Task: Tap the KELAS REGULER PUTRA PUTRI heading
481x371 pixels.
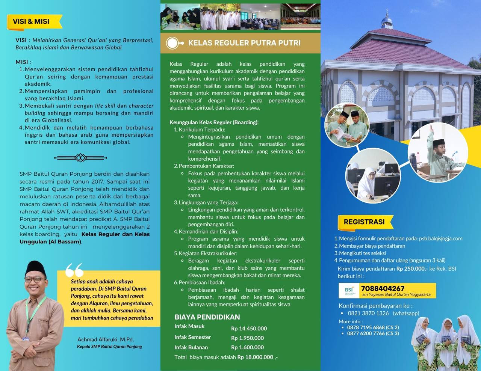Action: (x=244, y=43)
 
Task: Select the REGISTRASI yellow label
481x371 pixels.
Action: (x=364, y=222)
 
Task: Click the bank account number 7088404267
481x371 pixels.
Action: (x=383, y=288)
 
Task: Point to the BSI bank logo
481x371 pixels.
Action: (x=349, y=291)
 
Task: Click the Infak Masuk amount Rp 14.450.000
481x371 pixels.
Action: (x=249, y=328)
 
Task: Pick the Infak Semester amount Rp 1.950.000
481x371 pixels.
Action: (x=247, y=338)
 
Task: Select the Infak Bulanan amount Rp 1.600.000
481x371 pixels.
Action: (x=247, y=347)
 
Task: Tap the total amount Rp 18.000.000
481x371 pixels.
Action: (x=256, y=357)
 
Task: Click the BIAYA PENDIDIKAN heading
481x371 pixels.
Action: (x=207, y=317)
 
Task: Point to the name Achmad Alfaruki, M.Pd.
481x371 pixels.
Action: (x=106, y=339)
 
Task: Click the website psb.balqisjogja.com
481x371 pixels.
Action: (x=440, y=238)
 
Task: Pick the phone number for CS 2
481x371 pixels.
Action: (x=363, y=327)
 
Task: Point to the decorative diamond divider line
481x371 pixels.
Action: (x=80, y=158)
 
